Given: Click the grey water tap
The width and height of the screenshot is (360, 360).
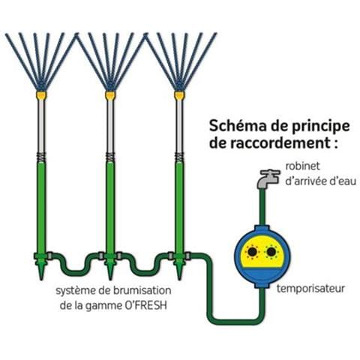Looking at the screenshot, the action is pos(268,178).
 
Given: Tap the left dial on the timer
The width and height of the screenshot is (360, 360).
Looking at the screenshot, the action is pos(251,252).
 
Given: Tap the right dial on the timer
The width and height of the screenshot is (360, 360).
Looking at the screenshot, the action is pos(271,252).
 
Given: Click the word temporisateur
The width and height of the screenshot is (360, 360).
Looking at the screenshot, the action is pos(310,289).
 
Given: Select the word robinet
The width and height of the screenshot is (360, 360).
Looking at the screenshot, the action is pos(302,166).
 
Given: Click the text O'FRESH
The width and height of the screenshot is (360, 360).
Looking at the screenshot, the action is pos(145,306).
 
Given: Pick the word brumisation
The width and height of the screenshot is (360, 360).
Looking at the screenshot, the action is pos(142,291).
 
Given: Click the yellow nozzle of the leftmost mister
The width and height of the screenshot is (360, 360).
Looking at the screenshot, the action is pos(41,95).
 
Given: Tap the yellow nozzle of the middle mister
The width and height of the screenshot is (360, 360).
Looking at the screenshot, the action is pos(110,95).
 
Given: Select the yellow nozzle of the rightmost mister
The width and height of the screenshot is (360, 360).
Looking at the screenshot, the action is pos(179,95).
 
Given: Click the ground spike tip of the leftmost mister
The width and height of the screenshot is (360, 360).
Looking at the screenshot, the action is pos(41,280).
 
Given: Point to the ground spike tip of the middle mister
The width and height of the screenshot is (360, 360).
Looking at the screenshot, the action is pos(110,280).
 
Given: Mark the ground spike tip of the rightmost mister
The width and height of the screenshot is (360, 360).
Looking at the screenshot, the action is pos(179,280).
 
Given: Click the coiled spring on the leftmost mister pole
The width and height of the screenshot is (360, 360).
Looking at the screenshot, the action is pos(41,157).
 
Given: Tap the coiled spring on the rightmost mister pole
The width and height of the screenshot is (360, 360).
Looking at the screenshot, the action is pos(179,157).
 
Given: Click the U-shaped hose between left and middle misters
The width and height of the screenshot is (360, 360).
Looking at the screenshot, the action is pos(76,272).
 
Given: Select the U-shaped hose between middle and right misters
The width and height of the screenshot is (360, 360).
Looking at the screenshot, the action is pos(145,272).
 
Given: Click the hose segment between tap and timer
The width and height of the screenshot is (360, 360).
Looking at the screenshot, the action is pos(262,208).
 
